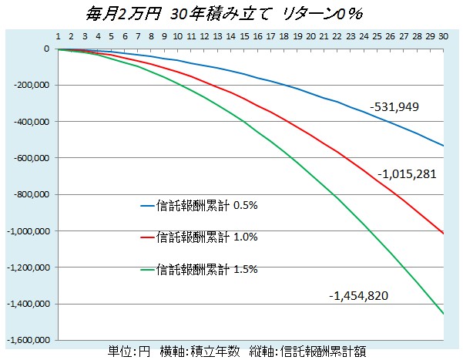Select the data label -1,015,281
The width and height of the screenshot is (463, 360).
[x=408, y=173]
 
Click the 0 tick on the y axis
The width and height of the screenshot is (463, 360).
[x=46, y=49]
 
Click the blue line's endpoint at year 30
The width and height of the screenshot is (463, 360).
[x=443, y=146]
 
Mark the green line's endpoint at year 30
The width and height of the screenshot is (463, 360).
[x=443, y=314]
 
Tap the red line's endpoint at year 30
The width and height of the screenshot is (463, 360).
[x=443, y=233]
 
